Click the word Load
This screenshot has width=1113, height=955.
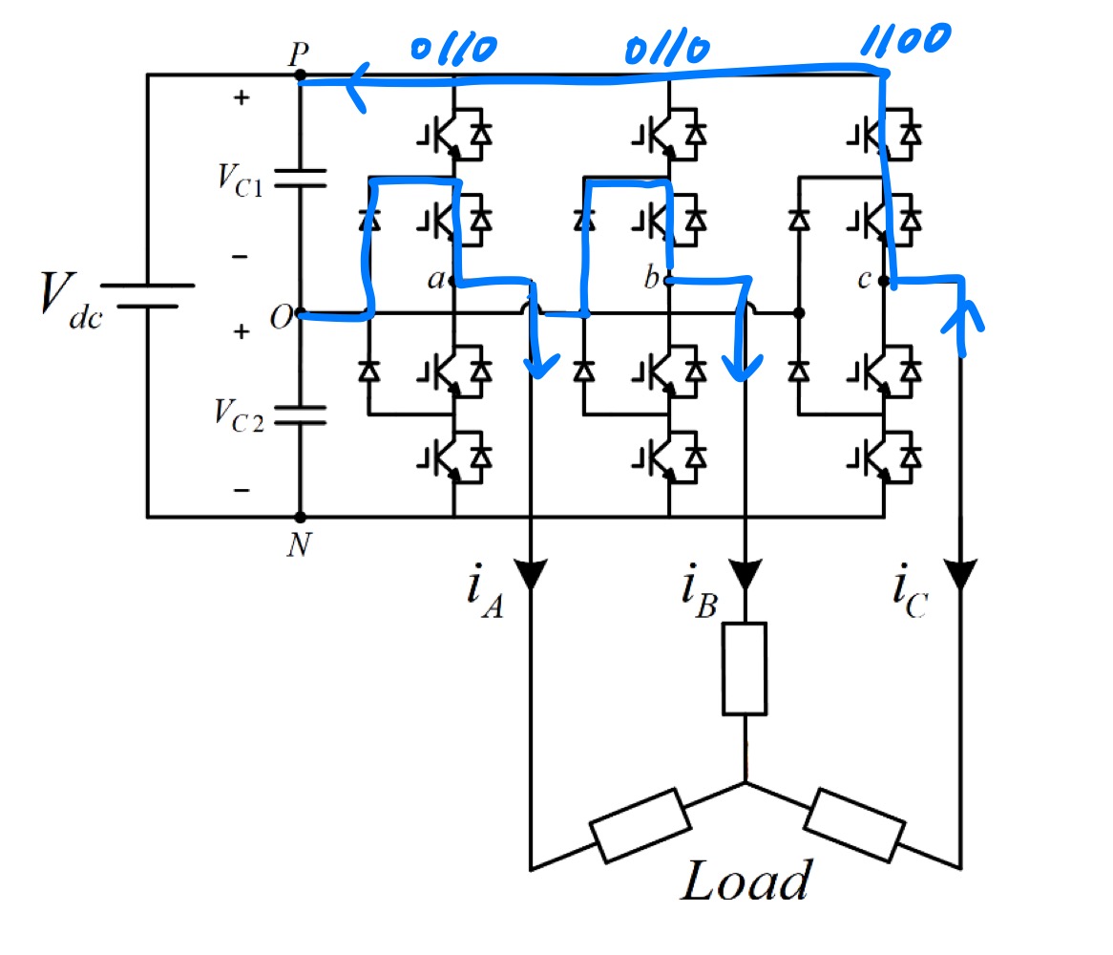pos(745,881)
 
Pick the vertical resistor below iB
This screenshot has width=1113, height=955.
pos(745,668)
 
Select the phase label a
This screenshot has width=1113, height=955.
pos(435,280)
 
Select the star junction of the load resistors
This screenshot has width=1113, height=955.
pos(745,783)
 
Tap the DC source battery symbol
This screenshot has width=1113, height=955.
pos(148,295)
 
